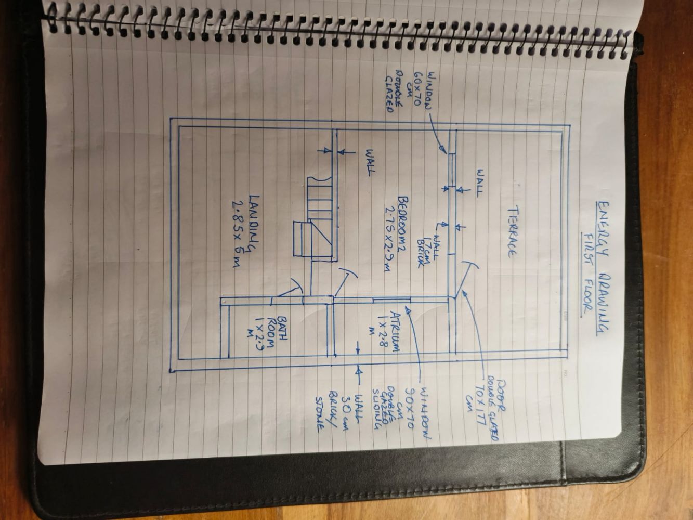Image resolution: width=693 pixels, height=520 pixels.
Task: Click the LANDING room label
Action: click(254, 224)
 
